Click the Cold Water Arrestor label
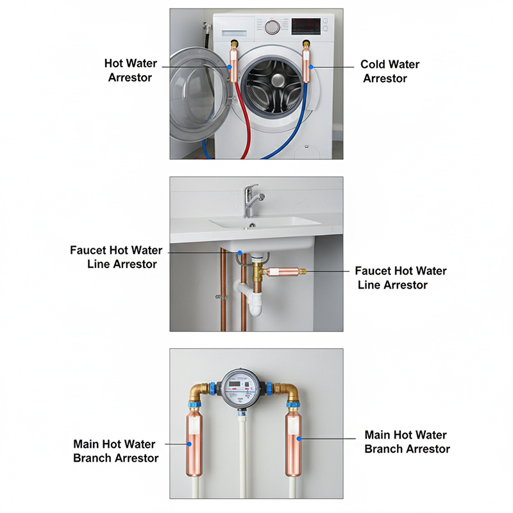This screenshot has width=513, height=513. pyautogui.click(x=390, y=71)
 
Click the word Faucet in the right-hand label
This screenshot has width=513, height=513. pyautogui.click(x=374, y=271)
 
